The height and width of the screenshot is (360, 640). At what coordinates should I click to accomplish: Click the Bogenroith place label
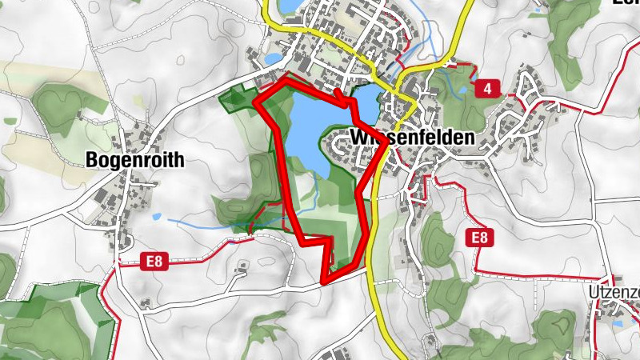click(x=134, y=160)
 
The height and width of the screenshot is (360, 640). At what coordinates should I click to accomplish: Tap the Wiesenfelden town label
click(x=412, y=138)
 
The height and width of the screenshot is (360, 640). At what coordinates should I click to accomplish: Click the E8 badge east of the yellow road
click(x=479, y=237)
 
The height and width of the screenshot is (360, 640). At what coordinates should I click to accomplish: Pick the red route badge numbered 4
click(x=486, y=88)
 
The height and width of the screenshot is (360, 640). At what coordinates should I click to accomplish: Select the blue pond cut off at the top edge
click(x=286, y=7)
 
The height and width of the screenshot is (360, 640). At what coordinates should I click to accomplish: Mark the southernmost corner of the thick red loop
click(x=323, y=281)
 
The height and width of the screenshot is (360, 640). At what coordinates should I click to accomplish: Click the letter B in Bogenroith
click(x=90, y=160)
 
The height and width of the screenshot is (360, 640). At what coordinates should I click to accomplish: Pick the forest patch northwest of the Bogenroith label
click(x=56, y=104)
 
